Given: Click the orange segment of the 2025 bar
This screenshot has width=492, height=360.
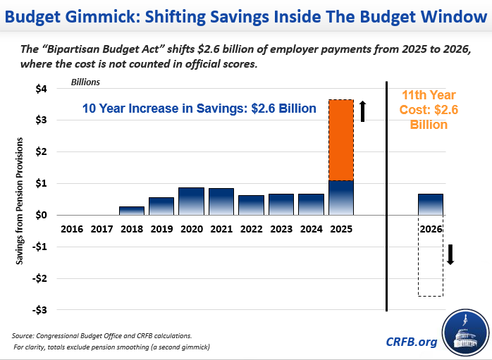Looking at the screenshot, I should (x=341, y=140).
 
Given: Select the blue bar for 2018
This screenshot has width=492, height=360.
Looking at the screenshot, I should (x=131, y=211).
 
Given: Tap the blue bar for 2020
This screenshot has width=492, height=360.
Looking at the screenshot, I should (x=191, y=201).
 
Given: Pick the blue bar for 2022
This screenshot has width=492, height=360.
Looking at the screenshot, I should (x=251, y=205).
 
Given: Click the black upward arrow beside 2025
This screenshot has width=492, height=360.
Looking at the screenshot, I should (x=363, y=111).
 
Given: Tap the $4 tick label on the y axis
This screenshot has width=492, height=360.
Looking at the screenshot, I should (x=42, y=89).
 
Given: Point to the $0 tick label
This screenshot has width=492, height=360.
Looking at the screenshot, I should (x=42, y=215).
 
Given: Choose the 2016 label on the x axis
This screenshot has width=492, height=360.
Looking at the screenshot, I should (x=72, y=229).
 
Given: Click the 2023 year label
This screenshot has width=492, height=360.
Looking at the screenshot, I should (x=281, y=229).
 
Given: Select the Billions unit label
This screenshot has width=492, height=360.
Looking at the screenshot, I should (x=85, y=82).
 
